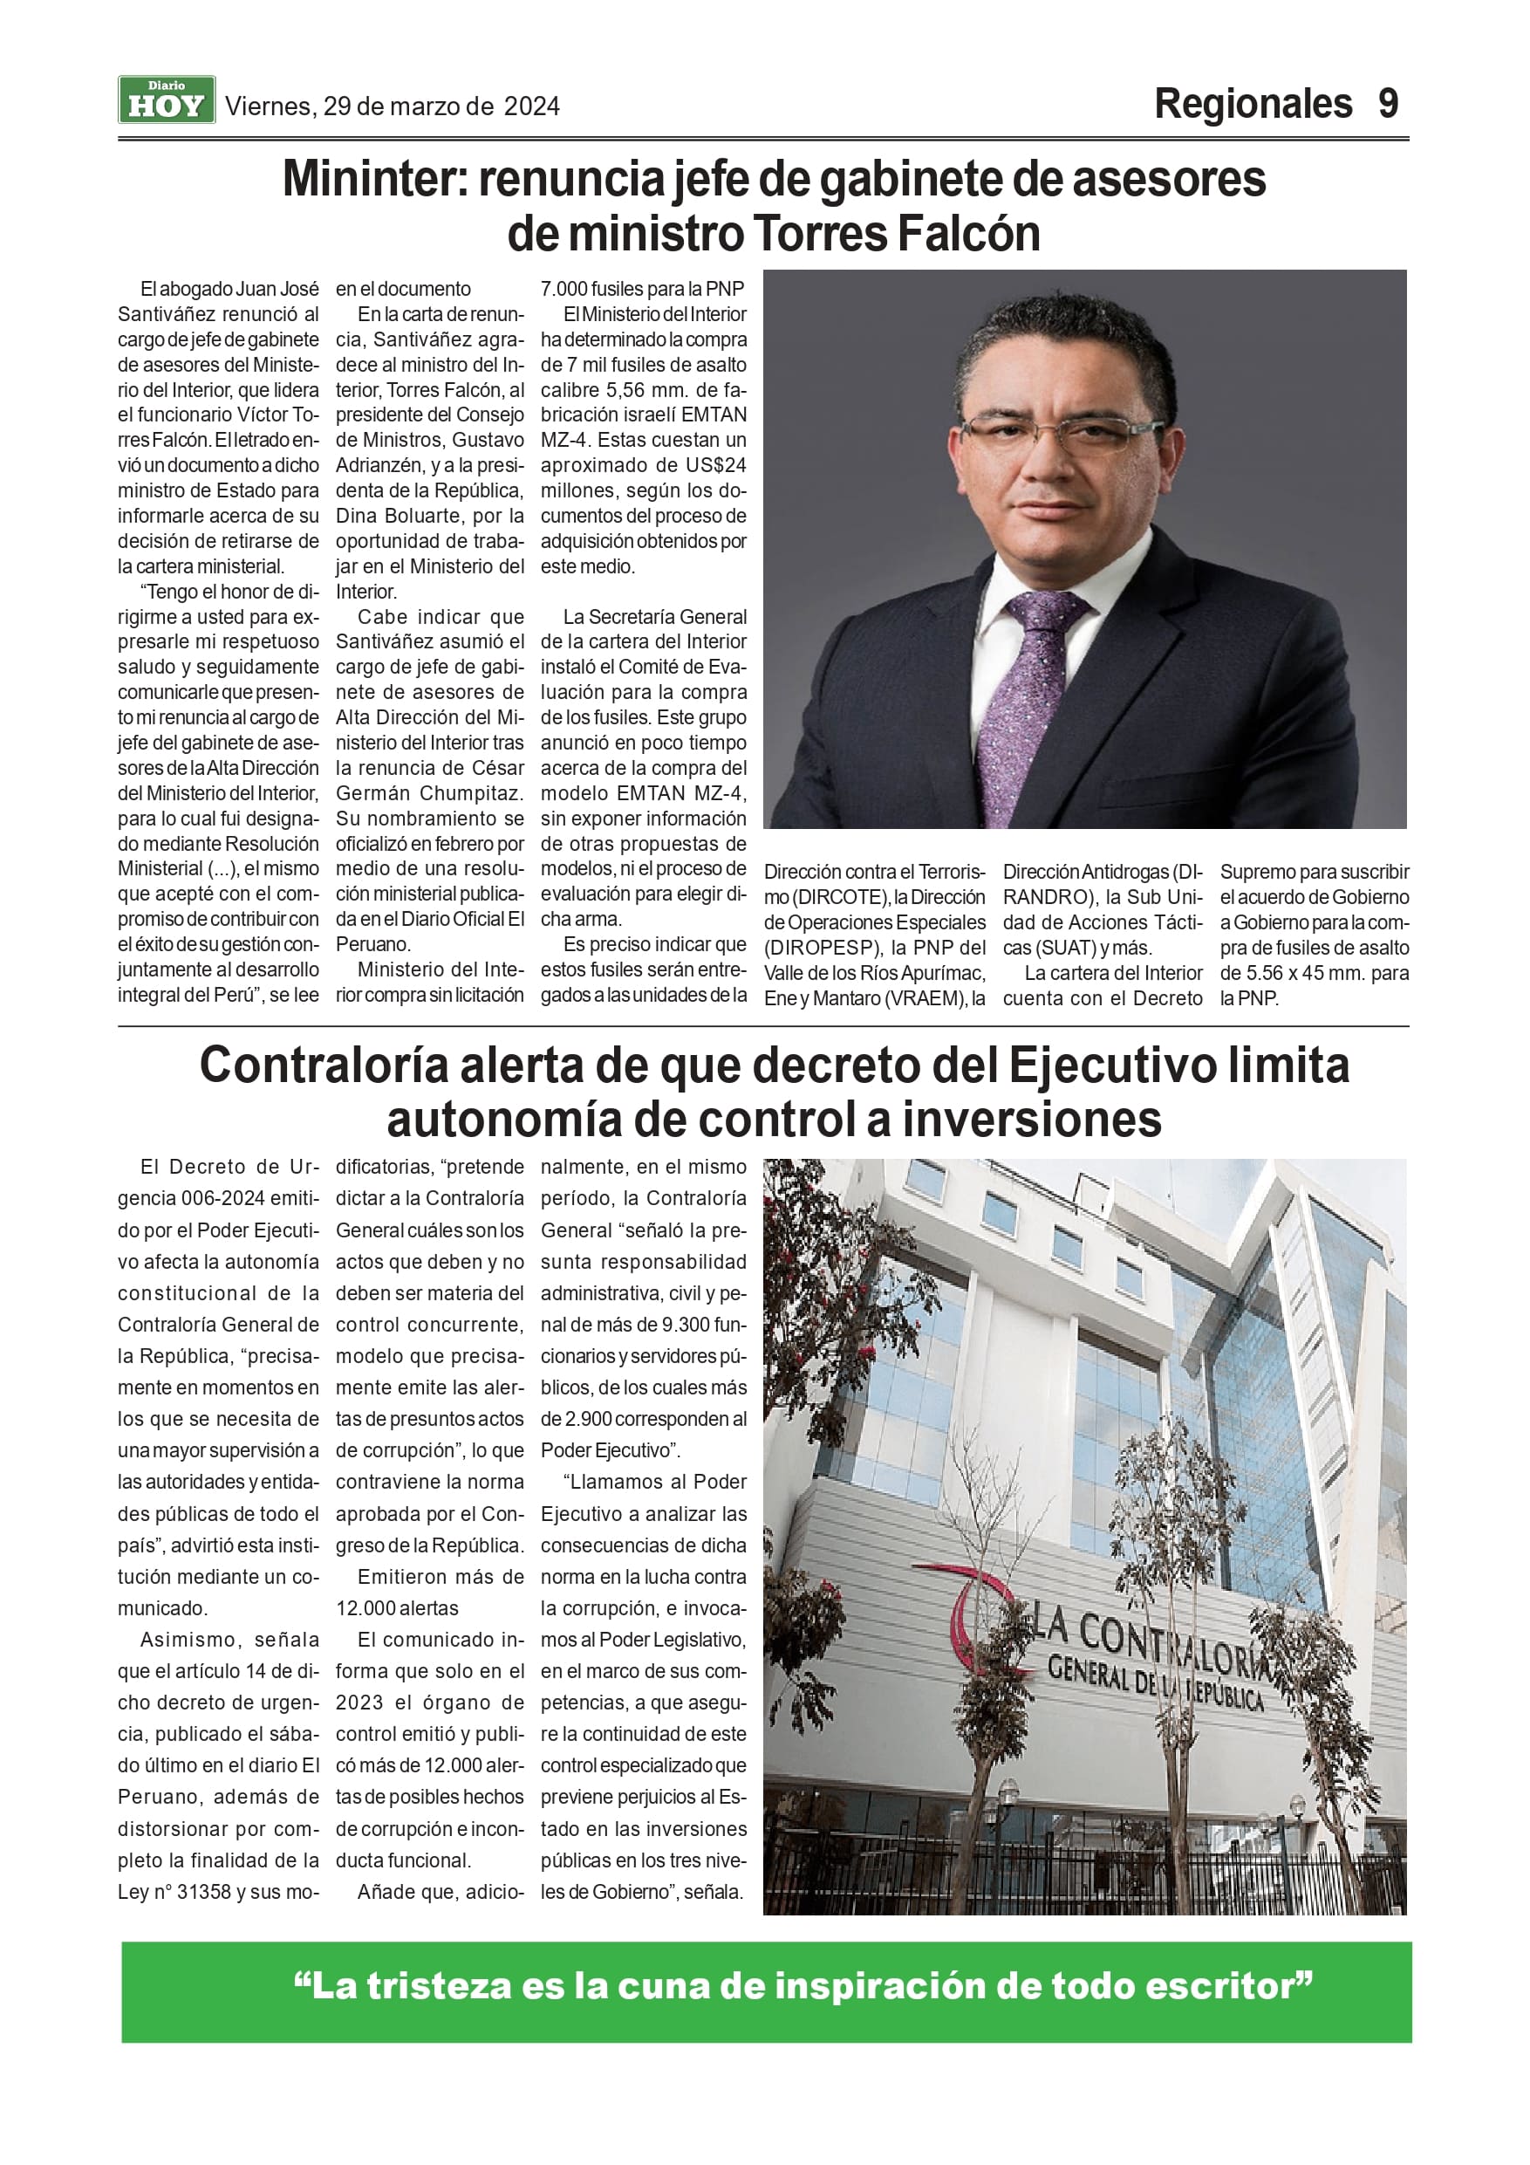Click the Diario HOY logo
(167, 100)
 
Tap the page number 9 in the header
(1388, 104)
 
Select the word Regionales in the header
(1253, 104)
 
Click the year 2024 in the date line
(532, 106)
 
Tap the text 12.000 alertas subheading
(397, 1608)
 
